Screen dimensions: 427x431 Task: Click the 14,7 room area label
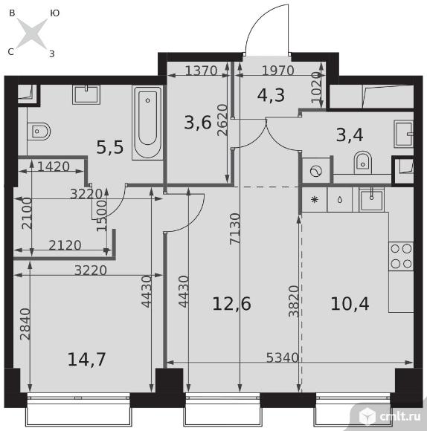(87, 360)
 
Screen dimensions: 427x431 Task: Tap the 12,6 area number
(231, 304)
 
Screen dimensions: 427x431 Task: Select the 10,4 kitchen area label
(350, 304)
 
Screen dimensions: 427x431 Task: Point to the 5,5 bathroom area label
(110, 147)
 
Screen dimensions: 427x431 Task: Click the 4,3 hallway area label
(271, 95)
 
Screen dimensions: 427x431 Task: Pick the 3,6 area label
(198, 123)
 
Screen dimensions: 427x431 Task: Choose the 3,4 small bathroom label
(350, 135)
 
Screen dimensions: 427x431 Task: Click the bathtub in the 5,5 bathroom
(148, 123)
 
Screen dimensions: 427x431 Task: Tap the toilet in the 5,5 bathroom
(39, 131)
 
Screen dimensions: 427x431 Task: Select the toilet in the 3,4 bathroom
(362, 163)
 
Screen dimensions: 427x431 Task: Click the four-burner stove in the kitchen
(401, 256)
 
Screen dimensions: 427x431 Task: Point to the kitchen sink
(371, 199)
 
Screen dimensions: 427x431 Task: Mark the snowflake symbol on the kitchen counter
(315, 200)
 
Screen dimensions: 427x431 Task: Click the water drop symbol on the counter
(340, 200)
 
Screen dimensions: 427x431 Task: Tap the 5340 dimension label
(282, 357)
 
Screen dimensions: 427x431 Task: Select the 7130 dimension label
(235, 229)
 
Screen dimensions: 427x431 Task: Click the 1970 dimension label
(278, 71)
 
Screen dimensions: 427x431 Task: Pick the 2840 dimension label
(25, 324)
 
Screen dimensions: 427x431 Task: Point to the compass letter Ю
(55, 13)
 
